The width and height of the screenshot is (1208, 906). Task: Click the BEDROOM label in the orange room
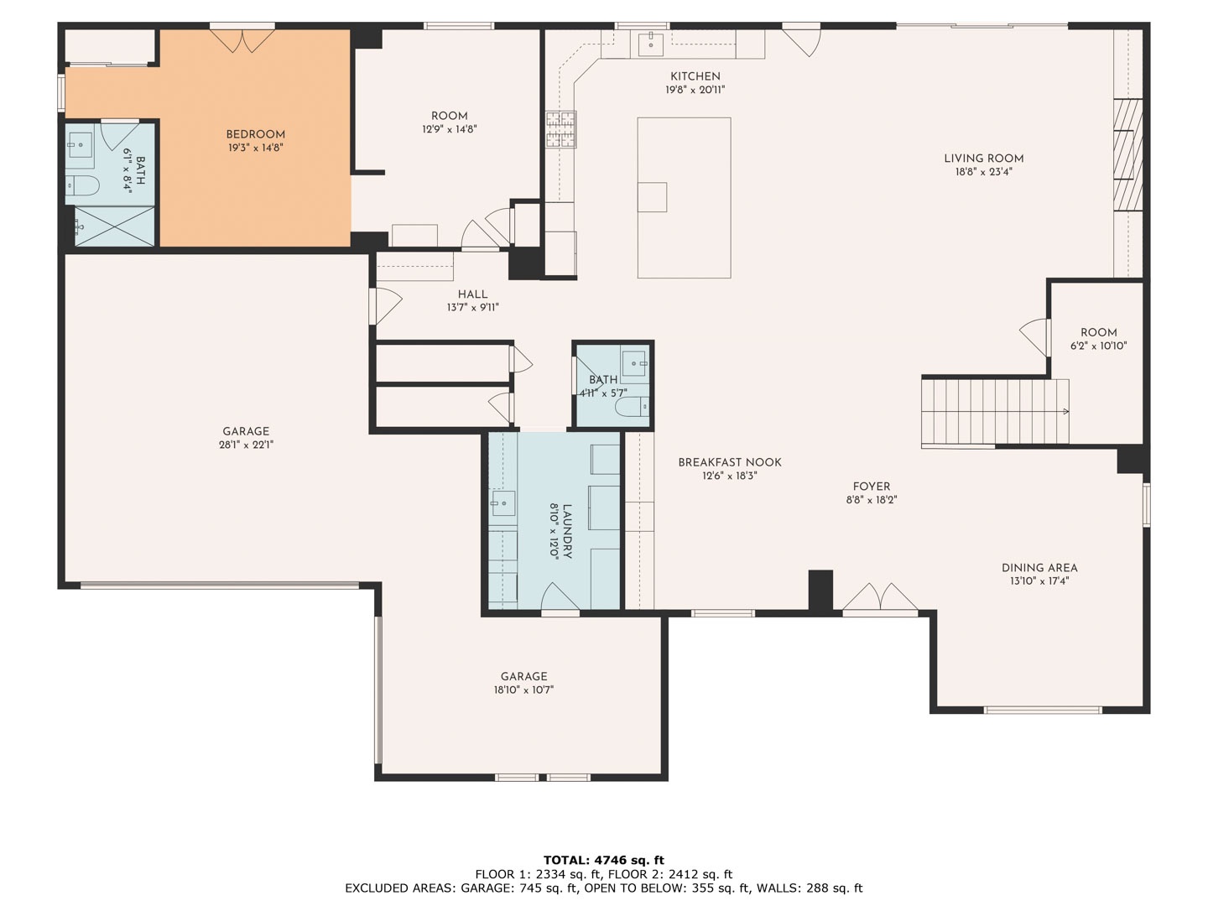[x=255, y=135]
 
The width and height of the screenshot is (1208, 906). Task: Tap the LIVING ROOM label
[x=984, y=159]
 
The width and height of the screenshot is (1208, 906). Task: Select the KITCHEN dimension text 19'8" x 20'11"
[x=695, y=91]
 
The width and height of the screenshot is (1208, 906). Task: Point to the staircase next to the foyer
[x=995, y=411]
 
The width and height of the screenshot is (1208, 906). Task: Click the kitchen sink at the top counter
[x=650, y=44]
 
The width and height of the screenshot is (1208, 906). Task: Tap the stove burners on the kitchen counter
[x=561, y=129]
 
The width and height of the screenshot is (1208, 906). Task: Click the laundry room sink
[x=503, y=502]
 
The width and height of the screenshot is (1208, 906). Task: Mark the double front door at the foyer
[x=880, y=596]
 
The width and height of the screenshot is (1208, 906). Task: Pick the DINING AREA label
[x=1039, y=568]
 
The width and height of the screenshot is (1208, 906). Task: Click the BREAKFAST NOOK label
[x=730, y=462]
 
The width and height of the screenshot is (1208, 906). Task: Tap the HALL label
[x=473, y=294]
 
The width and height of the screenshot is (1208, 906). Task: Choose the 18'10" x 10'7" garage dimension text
[x=524, y=690]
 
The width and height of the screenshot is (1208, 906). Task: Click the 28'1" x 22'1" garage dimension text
[x=246, y=445]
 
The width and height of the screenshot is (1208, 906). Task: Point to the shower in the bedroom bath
[x=114, y=226]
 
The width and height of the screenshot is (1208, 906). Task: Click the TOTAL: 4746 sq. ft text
[x=604, y=861]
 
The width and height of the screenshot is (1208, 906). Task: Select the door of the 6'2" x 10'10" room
[x=1034, y=337]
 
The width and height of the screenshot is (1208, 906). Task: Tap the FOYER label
[x=872, y=487]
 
